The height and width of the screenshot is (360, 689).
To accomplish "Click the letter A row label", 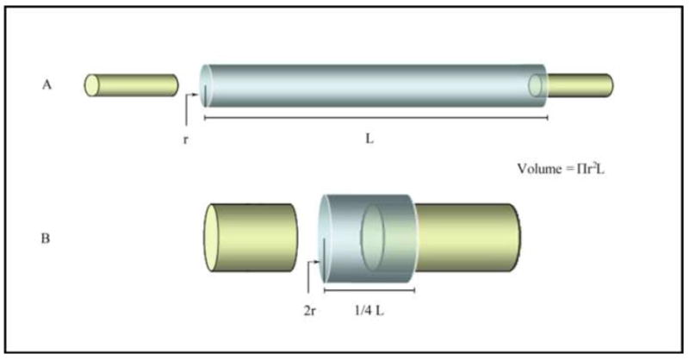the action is pos(47,84).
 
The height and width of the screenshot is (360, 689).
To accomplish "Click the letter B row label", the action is pos(46,239).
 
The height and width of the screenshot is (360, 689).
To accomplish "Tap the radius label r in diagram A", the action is pos(185,140).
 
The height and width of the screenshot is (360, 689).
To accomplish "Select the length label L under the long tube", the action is pos(369,139).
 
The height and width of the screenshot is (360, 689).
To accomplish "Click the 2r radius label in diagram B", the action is pos(310,311).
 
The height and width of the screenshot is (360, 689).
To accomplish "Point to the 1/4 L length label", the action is pos(369,311).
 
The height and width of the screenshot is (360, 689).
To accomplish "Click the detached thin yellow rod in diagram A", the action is pos(132,85).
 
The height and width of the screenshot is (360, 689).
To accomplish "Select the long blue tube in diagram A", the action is pos(374,86).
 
